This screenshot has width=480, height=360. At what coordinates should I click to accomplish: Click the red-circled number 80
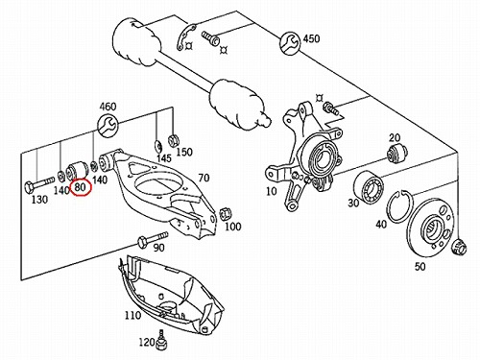tap(81, 187)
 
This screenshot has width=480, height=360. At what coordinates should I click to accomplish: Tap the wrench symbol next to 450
tap(290, 43)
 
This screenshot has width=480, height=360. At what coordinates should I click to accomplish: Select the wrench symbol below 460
tap(108, 126)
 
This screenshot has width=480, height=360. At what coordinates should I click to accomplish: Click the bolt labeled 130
tap(39, 183)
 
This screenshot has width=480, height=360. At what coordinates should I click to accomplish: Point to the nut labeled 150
tap(173, 140)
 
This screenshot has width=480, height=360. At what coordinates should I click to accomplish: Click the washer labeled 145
tap(158, 146)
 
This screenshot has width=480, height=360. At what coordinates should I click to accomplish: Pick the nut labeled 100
tap(225, 213)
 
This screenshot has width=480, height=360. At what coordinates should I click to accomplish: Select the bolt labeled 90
tap(153, 240)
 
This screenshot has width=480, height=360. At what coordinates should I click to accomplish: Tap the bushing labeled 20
tap(396, 153)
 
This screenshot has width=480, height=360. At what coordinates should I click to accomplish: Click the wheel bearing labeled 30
tap(369, 188)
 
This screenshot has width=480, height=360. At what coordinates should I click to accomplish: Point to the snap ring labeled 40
tap(400, 206)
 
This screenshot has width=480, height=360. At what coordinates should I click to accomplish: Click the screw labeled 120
tap(161, 342)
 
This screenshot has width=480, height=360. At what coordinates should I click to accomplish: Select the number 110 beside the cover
tap(132, 315)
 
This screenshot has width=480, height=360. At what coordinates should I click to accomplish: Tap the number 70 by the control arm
tap(204, 178)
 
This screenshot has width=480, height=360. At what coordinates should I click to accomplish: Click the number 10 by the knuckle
tap(271, 191)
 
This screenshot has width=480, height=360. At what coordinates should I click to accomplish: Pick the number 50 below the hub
tap(420, 266)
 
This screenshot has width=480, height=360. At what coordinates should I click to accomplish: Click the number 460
tap(108, 107)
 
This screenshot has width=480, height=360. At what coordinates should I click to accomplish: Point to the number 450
tap(311, 38)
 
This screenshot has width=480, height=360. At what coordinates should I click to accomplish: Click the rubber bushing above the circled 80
tap(77, 170)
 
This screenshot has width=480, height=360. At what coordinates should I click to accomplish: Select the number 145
tap(164, 158)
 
